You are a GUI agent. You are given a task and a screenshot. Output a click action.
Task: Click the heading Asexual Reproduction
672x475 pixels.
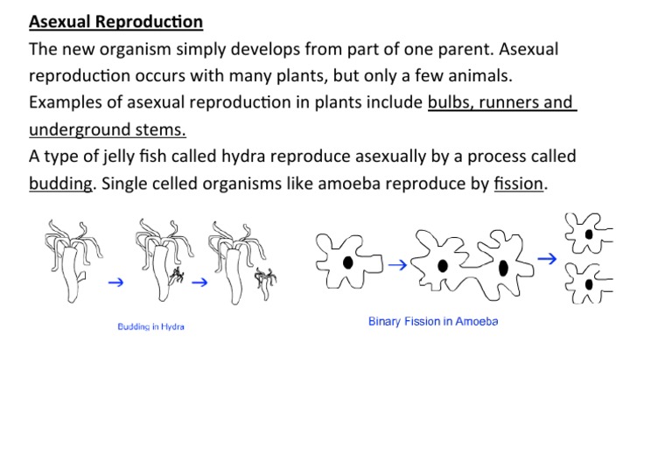coord(115,22)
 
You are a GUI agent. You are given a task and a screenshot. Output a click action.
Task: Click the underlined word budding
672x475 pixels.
coord(60,184)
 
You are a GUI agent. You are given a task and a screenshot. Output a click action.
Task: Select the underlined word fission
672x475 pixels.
coord(518,184)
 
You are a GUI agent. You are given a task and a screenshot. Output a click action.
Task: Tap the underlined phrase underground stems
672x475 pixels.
coord(107,129)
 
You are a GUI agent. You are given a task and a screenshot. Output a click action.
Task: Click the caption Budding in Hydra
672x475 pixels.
coord(150,327)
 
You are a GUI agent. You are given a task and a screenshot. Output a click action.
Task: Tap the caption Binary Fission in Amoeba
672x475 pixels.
coord(432,321)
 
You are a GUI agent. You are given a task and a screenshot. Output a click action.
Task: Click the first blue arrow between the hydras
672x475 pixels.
coord(115,283)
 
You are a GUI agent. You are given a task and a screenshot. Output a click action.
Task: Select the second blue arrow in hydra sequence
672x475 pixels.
coord(199,283)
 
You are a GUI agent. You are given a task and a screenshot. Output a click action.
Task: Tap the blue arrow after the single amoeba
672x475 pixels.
coord(396,263)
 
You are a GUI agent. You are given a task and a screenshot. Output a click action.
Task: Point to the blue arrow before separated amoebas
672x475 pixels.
coord(547,259)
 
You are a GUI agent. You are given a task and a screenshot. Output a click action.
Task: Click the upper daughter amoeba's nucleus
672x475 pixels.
coord(589,234)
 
